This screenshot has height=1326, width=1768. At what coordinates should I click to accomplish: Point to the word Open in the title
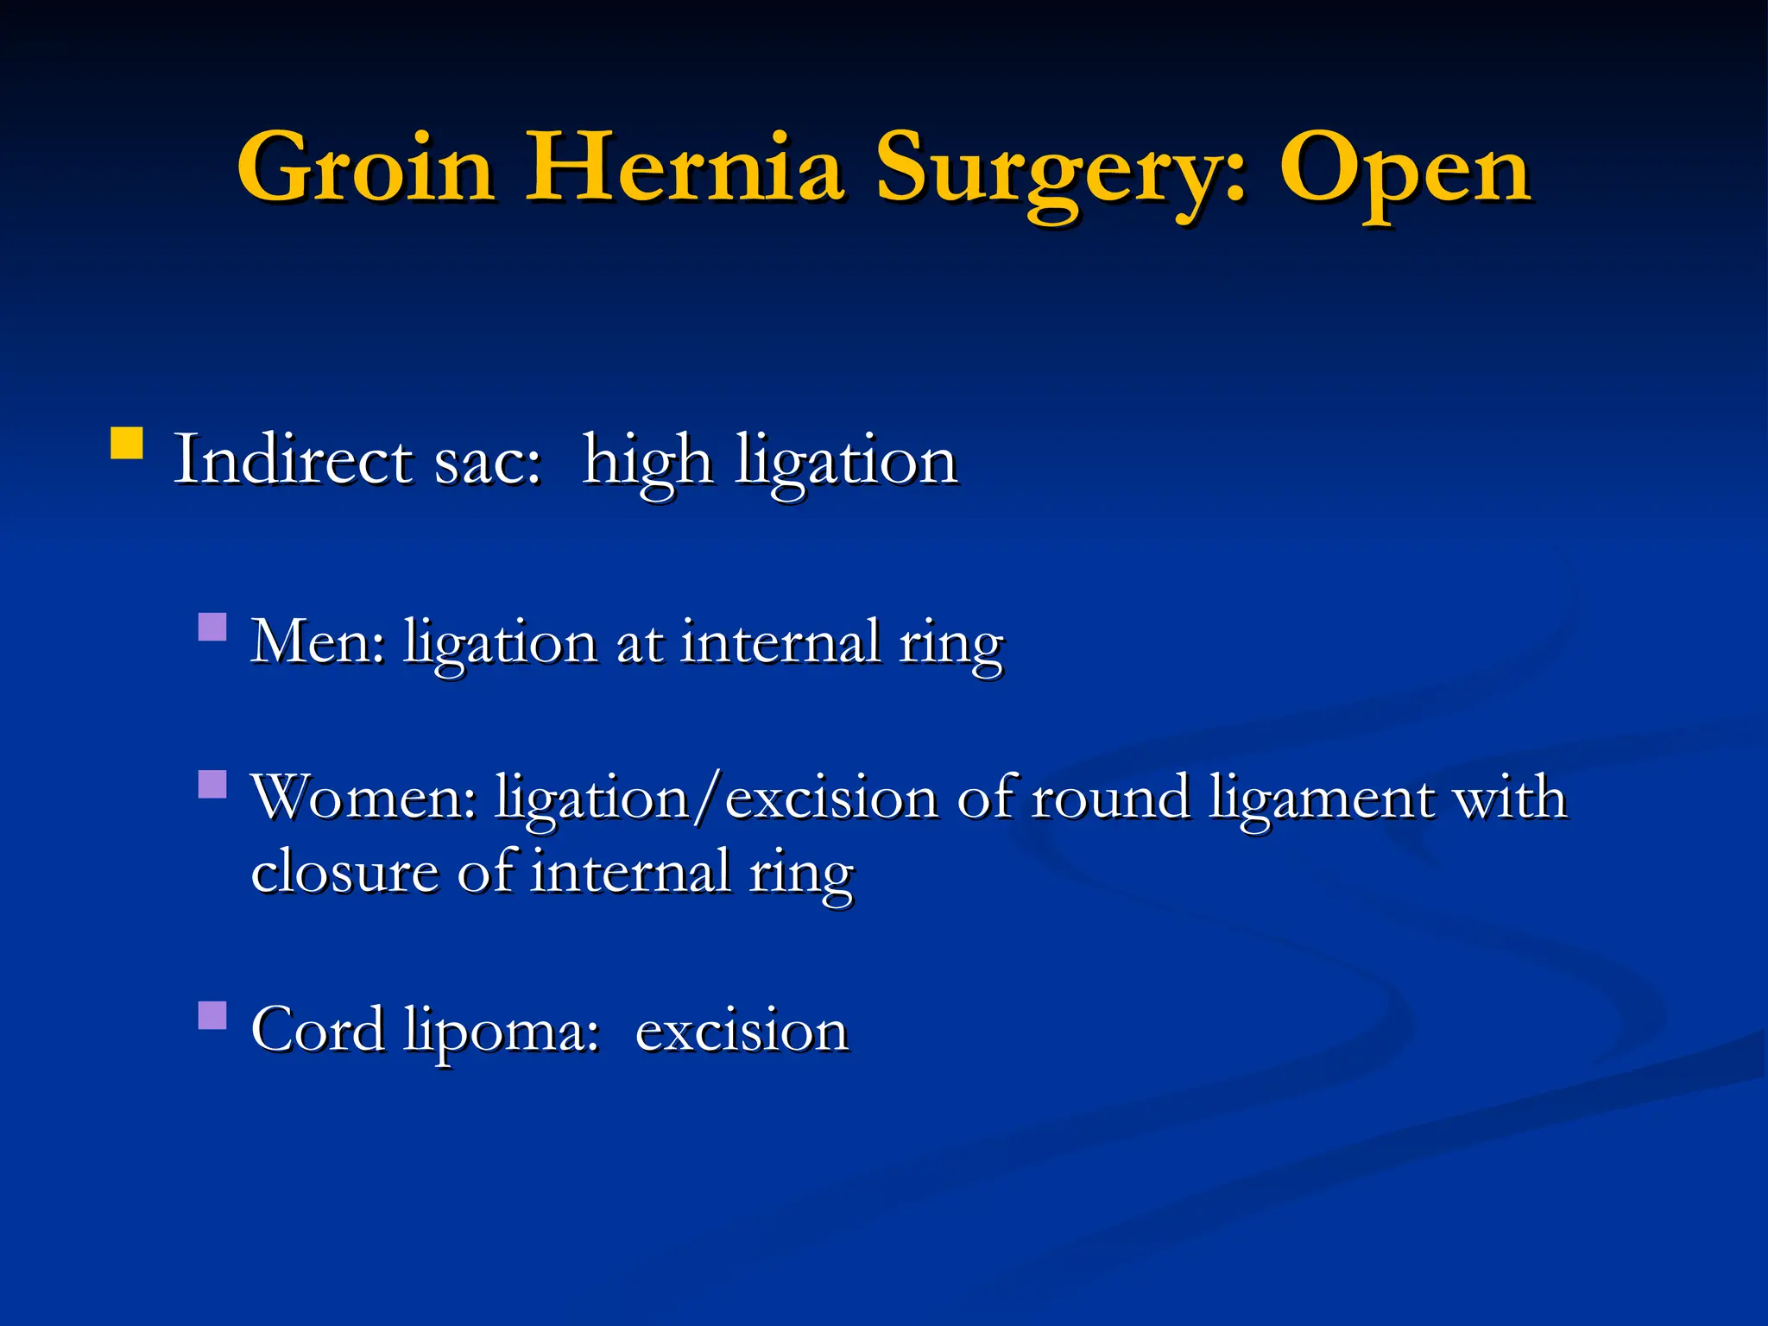(x=1405, y=173)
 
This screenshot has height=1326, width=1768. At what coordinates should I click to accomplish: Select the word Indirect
(x=293, y=459)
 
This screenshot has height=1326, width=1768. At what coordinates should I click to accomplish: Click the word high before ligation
(x=647, y=462)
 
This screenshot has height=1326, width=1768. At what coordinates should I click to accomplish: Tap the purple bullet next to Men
(x=212, y=626)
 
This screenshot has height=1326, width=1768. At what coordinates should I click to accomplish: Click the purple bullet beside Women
(x=212, y=784)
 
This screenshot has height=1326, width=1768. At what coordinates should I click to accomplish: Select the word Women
(x=363, y=796)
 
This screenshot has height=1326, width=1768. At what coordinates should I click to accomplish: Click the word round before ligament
(x=1110, y=796)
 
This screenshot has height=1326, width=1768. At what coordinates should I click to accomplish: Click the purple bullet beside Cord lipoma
(x=212, y=1015)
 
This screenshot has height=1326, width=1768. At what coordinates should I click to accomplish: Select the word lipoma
(x=501, y=1032)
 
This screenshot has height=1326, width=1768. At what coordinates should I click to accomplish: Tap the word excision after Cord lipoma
(x=742, y=1030)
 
